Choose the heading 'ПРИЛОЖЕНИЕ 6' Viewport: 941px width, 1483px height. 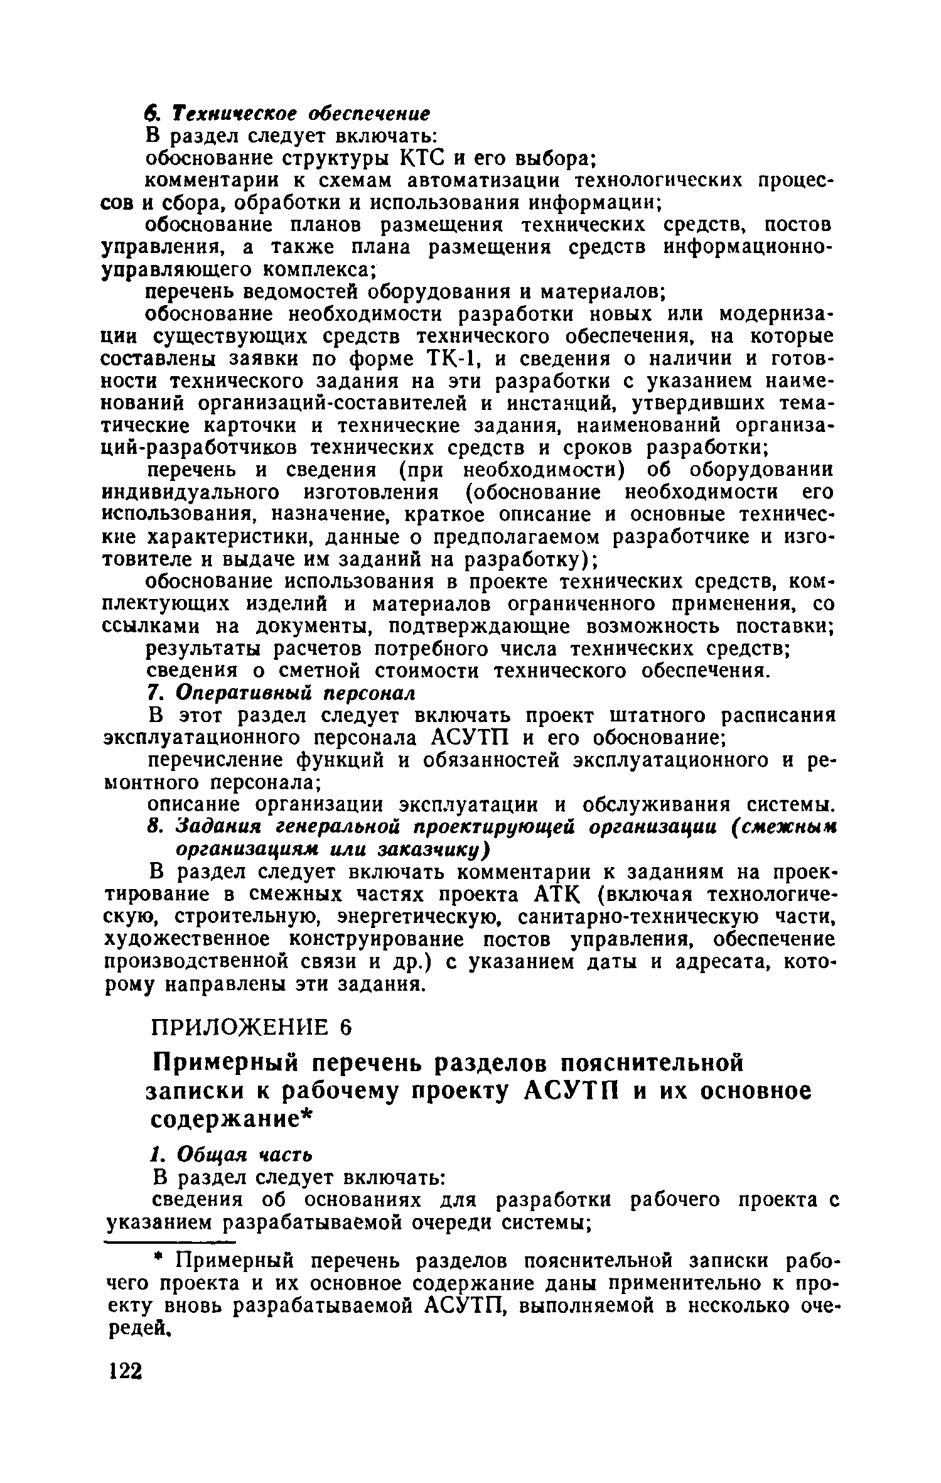[x=252, y=1028]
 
